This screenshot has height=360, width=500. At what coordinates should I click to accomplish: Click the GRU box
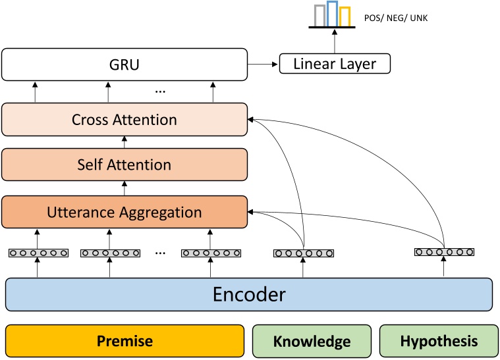tap(125, 64)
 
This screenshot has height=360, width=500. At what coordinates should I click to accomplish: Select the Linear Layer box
tap(335, 64)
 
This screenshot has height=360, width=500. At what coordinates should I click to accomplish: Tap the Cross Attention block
tap(125, 120)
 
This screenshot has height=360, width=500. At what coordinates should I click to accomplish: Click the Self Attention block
tap(125, 165)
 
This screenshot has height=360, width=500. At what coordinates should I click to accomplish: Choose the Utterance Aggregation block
tap(125, 212)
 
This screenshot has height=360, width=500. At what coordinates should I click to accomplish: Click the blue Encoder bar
tap(249, 294)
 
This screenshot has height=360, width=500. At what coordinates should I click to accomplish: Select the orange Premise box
tap(125, 341)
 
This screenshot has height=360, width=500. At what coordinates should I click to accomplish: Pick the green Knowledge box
tap(312, 341)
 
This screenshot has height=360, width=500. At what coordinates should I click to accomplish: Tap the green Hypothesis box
tap(438, 341)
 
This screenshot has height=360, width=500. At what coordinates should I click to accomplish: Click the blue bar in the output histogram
tap(333, 14)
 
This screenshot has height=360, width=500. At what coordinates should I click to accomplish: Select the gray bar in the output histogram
tap(319, 16)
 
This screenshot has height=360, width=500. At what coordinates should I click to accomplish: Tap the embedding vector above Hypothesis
tap(444, 251)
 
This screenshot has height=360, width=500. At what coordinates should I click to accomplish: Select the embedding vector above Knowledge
tap(304, 253)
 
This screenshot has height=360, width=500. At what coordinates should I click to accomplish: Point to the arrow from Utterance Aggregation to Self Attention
tap(125, 188)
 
